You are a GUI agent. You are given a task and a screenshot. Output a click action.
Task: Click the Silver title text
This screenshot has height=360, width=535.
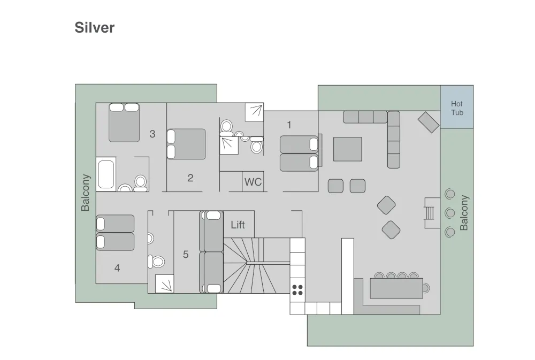pos(95,28)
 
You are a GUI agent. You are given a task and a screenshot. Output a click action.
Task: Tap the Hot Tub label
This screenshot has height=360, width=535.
pos(457,108)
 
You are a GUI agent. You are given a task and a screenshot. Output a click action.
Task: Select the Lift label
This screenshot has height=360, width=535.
pos(238,225)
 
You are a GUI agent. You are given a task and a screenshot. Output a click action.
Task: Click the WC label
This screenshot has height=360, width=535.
pos(253,182)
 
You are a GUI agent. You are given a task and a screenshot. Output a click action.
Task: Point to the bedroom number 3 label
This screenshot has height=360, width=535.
pos(152,134)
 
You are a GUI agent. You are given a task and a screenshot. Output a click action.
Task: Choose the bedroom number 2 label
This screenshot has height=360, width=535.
pos(190,178)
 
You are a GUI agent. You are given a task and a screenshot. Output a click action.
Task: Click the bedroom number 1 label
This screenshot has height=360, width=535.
pos(289,125)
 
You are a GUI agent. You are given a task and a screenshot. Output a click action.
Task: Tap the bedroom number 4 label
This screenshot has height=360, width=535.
pos(117,269)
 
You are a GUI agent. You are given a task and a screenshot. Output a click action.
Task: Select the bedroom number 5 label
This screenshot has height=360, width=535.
pos(186,255)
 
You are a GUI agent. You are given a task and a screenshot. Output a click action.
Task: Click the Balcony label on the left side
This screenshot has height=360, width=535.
pos(86,193)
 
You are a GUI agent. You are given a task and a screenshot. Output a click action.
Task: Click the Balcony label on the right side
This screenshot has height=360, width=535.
pos(464,212)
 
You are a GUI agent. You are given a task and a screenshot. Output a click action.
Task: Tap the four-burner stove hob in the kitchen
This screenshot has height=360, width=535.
pos(297,290)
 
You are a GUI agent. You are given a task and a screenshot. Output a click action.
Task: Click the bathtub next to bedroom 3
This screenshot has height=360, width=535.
pos(106,174)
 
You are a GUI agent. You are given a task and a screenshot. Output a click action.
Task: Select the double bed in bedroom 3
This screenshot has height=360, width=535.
pos(124,123)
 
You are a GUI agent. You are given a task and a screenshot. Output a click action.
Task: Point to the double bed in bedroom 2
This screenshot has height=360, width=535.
pos(186,144)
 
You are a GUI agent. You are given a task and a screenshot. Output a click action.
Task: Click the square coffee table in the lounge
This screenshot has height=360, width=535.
pos(347,149)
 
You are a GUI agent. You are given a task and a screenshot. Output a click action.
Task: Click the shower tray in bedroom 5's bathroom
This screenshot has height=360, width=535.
pos(164,284)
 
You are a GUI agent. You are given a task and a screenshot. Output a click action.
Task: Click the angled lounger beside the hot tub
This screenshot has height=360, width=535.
pos(429,122)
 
